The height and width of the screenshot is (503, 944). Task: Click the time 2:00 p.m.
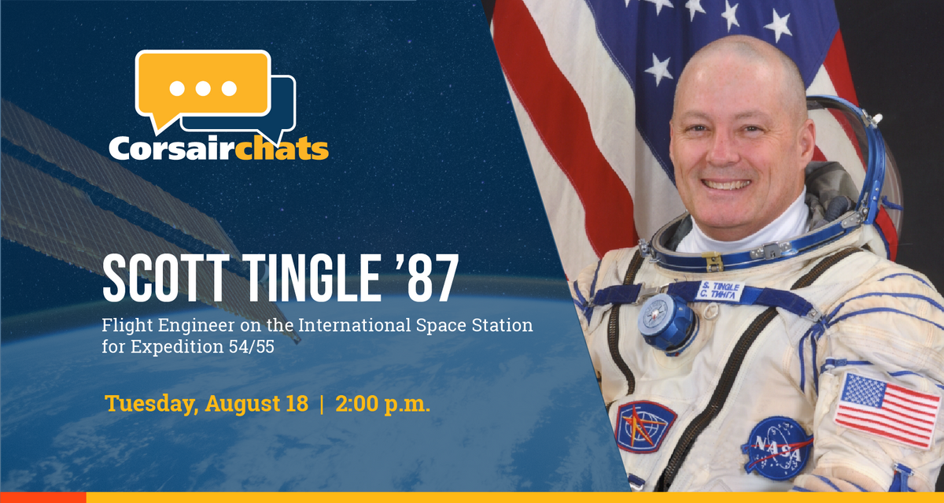[x=382, y=405]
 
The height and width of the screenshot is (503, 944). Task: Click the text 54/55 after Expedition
[x=260, y=345]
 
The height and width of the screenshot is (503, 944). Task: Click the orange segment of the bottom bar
[x=42, y=497]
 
